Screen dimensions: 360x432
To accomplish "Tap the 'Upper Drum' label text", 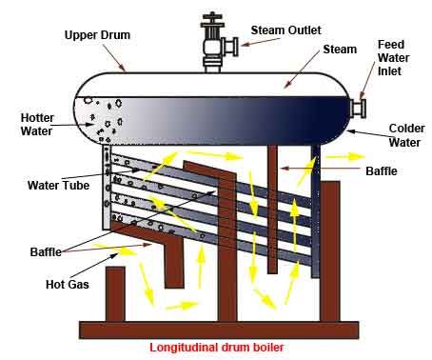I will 96,35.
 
